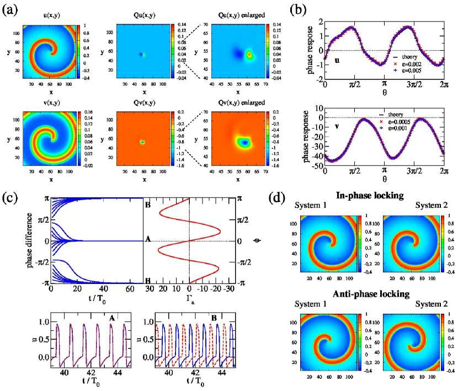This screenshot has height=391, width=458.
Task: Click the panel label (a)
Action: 12,9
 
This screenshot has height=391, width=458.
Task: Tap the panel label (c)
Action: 12,194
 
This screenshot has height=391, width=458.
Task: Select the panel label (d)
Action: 279,194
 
